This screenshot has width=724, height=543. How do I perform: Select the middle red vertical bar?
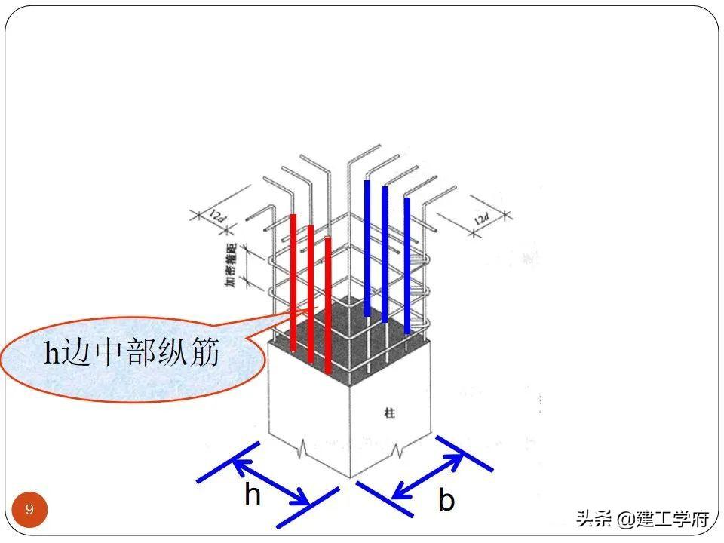[310, 290]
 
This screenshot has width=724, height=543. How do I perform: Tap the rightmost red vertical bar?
[328, 302]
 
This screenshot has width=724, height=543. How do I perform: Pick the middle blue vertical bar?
[385, 253]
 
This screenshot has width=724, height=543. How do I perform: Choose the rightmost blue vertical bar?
[407, 264]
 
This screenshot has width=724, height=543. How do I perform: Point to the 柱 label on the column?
[389, 413]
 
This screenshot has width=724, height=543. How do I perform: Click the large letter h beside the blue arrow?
[253, 495]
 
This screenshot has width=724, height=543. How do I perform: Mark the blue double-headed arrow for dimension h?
[271, 475]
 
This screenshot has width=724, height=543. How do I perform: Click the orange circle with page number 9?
[30, 510]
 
